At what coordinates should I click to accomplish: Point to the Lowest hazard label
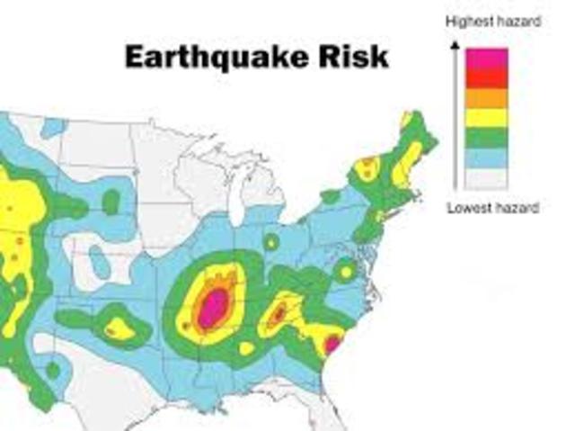493,208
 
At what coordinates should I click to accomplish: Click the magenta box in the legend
486,58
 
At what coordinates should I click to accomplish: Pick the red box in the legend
486,78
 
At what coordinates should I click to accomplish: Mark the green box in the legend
486,138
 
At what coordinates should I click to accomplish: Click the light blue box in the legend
486,157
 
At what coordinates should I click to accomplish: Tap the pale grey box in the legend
486,178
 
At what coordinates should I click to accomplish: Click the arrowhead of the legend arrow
456,49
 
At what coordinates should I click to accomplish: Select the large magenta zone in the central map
214,307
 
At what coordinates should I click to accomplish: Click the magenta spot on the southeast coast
332,343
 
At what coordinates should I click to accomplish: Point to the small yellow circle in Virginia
345,269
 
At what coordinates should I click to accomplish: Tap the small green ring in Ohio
271,242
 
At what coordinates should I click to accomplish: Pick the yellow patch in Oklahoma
119,329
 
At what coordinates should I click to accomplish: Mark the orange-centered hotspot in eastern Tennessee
279,313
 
